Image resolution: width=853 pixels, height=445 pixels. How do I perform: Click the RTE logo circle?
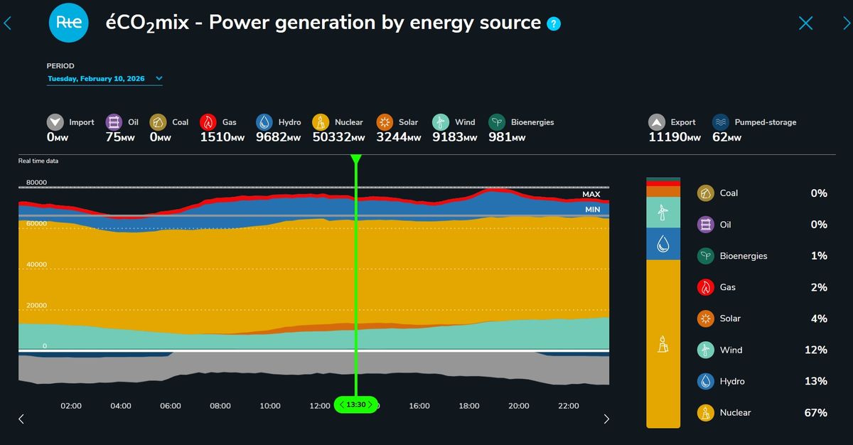[x=68, y=23]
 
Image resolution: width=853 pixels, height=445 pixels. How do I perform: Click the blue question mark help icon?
[x=554, y=24]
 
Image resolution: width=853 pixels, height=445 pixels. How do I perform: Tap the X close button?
[x=805, y=23]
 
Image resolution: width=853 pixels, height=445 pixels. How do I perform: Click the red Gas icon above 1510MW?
[x=208, y=122]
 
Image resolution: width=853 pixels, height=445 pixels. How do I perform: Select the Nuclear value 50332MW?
[x=338, y=137]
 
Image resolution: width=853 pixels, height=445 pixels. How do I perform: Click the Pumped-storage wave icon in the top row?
[x=721, y=122]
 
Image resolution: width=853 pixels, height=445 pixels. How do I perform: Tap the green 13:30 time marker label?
[x=356, y=404]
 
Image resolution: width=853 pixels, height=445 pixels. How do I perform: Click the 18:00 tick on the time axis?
[x=469, y=406]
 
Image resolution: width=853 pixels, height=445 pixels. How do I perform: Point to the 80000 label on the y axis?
[x=36, y=183]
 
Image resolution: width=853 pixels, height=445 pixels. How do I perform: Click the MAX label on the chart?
[x=591, y=194]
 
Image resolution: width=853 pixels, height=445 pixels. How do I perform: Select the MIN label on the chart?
[x=592, y=210]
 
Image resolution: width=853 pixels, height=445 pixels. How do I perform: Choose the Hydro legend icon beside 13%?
[x=706, y=381]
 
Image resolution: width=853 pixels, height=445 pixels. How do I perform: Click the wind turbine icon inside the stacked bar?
[x=662, y=212]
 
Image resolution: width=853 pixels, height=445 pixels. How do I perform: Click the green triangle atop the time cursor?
[x=356, y=159]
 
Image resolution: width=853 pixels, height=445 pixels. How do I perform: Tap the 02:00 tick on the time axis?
[x=71, y=406]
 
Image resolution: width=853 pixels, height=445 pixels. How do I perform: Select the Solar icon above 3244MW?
[x=385, y=122]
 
